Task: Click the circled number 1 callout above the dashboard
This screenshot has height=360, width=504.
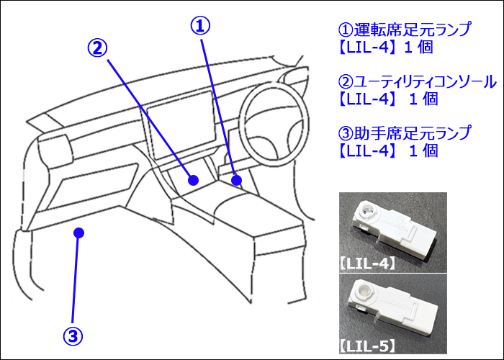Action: pos(200,26)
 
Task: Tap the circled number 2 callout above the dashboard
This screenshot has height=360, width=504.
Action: pos(98,48)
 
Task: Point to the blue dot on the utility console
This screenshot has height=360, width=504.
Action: pos(193,180)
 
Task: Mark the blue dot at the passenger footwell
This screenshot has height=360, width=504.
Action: pos(79,233)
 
